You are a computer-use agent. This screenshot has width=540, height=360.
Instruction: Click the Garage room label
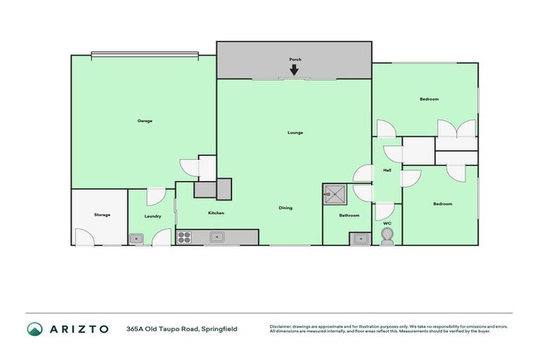(x=144, y=121)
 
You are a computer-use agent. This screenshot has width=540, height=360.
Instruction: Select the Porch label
(x=295, y=60)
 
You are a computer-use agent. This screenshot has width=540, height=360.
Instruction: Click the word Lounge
(x=295, y=132)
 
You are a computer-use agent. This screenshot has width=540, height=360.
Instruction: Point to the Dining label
(x=285, y=207)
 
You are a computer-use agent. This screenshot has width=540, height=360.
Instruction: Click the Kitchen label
(x=215, y=212)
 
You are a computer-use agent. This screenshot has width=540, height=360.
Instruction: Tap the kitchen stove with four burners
(x=184, y=237)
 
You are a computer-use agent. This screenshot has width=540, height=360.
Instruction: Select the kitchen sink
(x=218, y=237)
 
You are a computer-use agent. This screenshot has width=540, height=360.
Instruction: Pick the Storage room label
(x=102, y=214)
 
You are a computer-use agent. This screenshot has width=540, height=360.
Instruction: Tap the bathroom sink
(x=360, y=238)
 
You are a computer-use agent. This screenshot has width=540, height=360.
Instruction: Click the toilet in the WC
(x=386, y=235)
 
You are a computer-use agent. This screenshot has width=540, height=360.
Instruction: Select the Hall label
(x=387, y=170)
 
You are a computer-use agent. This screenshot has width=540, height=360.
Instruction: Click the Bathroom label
(x=349, y=215)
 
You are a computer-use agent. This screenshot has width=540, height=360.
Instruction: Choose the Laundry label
(x=153, y=217)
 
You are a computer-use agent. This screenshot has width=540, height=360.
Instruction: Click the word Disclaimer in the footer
(x=281, y=326)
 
